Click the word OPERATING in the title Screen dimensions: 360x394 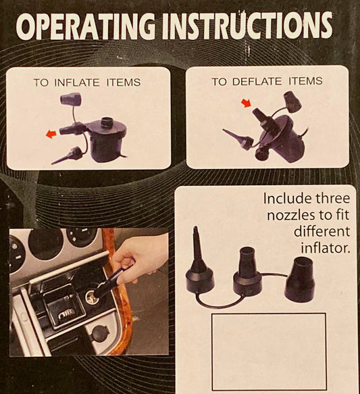(x=86, y=27)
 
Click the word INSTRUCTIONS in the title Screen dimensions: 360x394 (x=248, y=26)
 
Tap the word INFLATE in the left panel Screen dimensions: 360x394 (x=77, y=82)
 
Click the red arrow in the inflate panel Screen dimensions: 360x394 (x=51, y=134)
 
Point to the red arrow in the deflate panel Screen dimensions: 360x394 (x=246, y=103)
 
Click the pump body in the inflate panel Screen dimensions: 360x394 (x=107, y=141)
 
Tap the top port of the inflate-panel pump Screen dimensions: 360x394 (x=108, y=122)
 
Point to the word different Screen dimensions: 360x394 (x=322, y=231)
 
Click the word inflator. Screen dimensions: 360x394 (x=325, y=248)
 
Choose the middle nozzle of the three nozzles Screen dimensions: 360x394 (x=248, y=271)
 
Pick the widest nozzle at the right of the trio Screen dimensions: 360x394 (x=300, y=279)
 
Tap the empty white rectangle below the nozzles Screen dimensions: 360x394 (x=269, y=351)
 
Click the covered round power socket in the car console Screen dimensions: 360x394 (x=101, y=333)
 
